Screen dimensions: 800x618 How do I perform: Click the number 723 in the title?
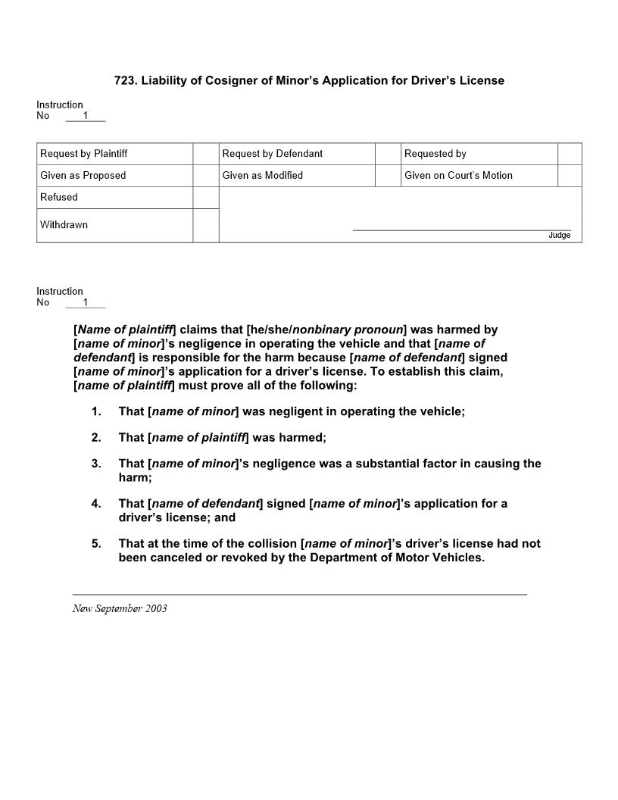tap(123, 80)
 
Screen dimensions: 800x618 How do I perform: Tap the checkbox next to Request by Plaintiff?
tap(205, 154)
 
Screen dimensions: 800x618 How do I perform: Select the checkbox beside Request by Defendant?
tap(387, 154)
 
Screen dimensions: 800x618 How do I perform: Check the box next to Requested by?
tap(570, 154)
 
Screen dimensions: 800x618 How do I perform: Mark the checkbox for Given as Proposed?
tap(205, 176)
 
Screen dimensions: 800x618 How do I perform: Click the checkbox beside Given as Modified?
tap(387, 176)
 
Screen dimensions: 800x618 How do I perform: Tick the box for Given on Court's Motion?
tap(570, 176)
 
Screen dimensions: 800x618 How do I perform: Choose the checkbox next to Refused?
tap(205, 198)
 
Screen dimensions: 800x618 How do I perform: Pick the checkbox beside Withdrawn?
tap(205, 225)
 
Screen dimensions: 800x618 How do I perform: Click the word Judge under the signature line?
tap(559, 236)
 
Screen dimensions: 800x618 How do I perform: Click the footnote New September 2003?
tap(120, 608)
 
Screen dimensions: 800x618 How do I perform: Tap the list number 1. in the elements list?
tap(96, 411)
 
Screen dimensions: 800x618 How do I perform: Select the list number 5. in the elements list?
tap(96, 543)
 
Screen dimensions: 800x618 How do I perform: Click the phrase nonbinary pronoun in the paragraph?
tap(347, 330)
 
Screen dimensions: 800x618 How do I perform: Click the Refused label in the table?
tap(59, 198)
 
